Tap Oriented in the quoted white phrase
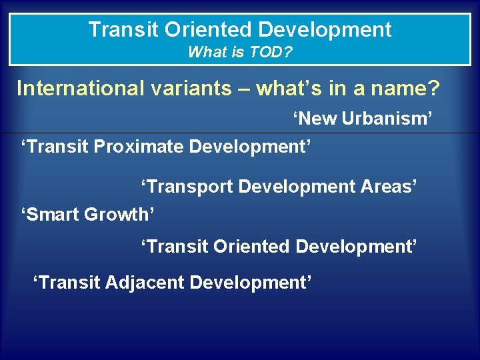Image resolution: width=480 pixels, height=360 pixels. (251, 247)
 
